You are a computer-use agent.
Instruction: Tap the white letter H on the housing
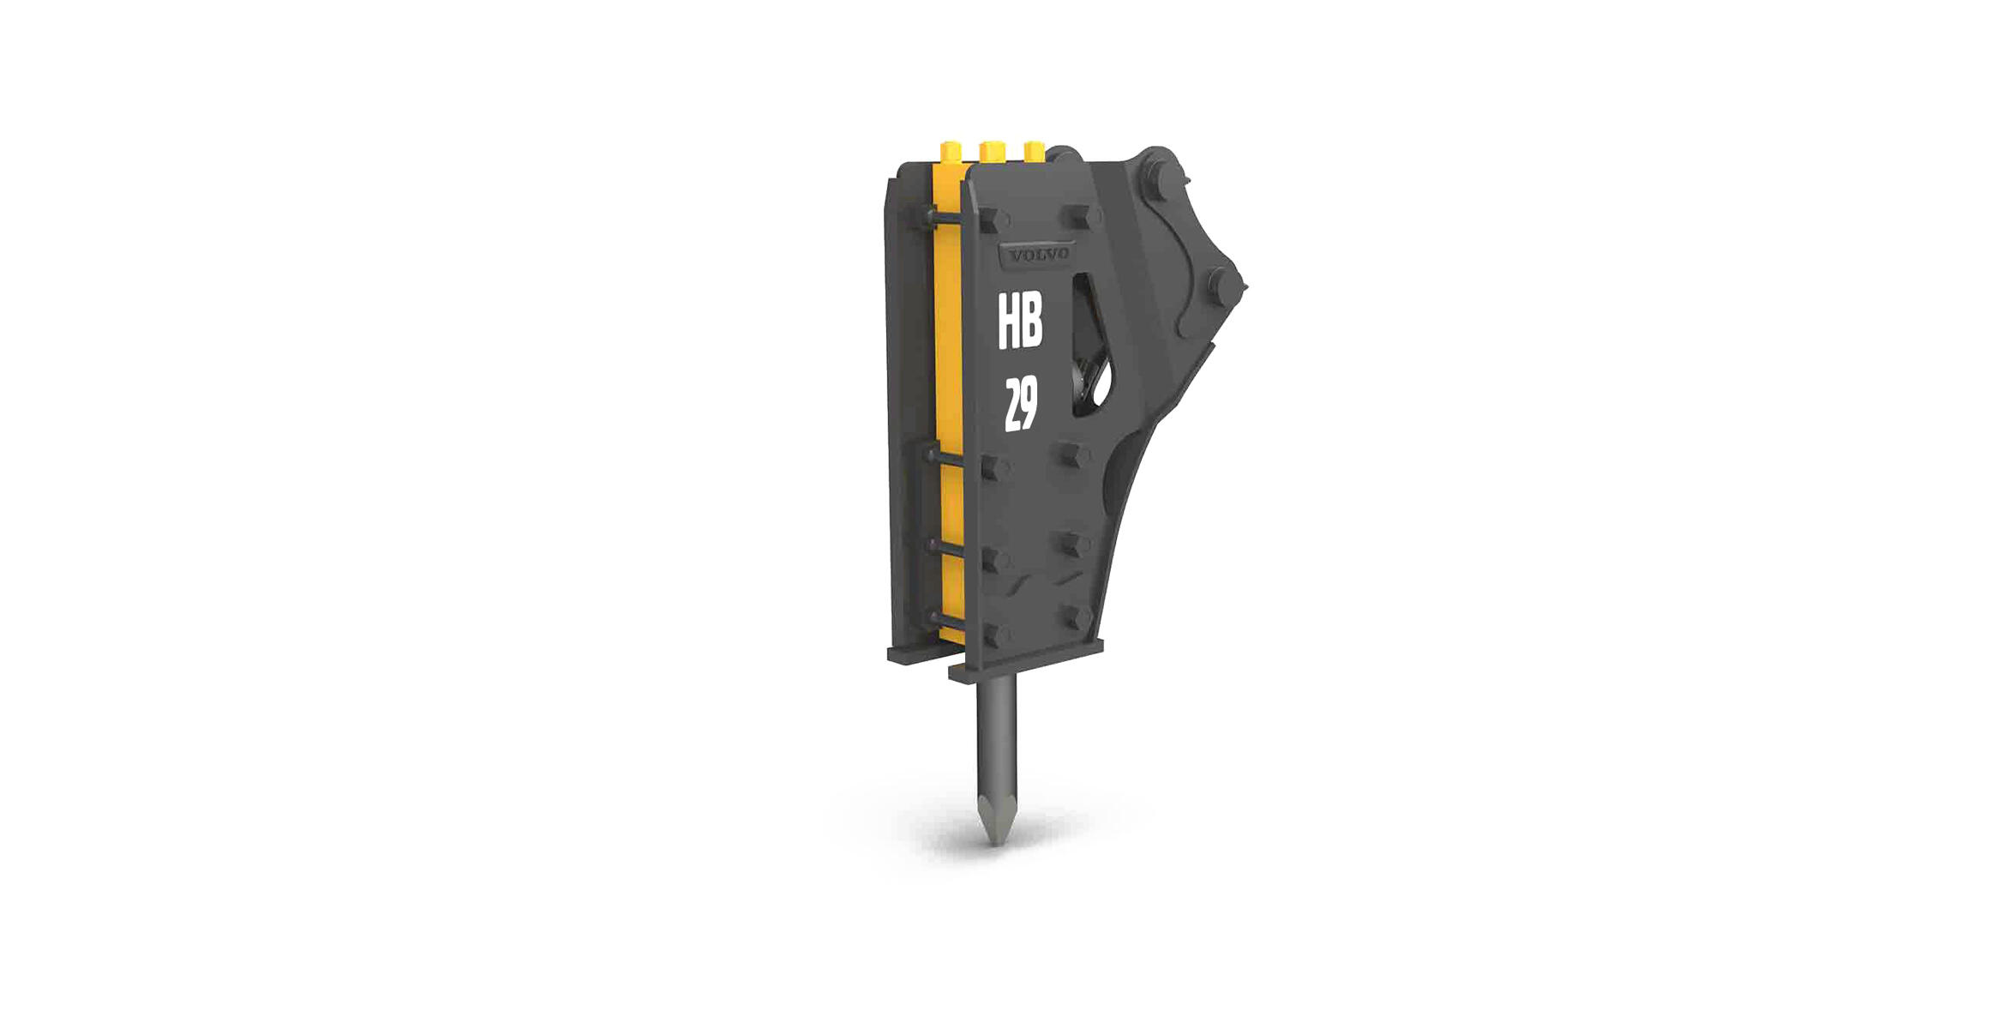1008,321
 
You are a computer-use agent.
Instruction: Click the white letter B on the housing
1032,321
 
